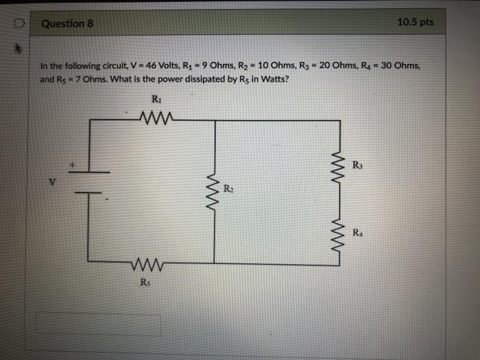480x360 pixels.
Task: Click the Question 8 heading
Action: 67,23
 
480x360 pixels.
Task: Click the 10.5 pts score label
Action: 416,22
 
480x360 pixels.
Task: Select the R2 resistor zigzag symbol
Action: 215,193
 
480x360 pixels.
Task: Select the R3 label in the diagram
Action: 358,165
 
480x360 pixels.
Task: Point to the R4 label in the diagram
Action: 358,232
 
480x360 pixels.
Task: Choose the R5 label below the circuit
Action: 145,281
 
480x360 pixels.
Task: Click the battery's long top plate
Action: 88,171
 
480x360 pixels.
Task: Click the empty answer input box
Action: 99,324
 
